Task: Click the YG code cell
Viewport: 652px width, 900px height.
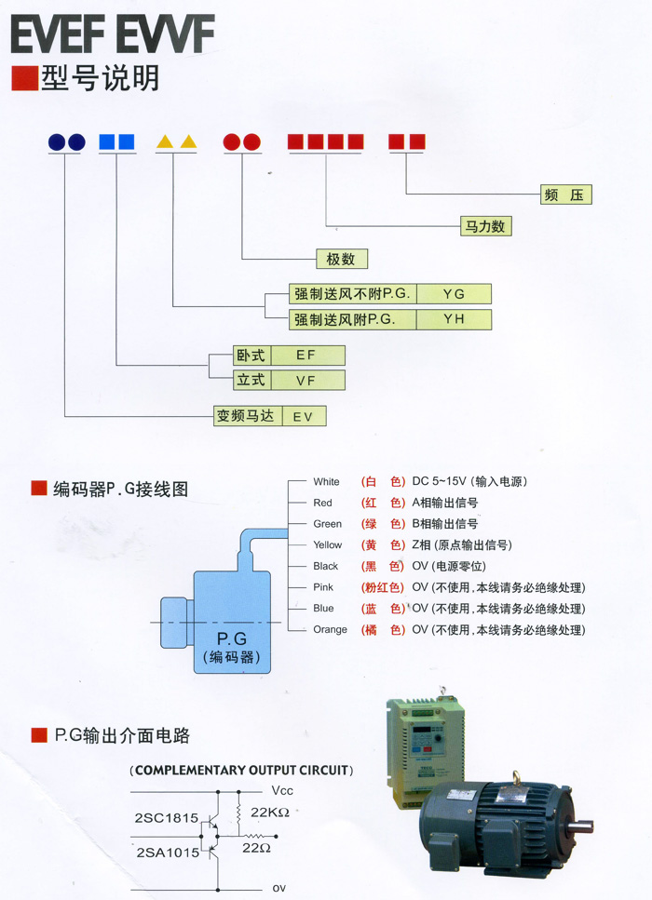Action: [454, 294]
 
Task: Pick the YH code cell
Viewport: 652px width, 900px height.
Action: [454, 320]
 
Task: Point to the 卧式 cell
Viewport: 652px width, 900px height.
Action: [251, 355]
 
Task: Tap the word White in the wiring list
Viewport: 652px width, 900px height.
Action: [326, 482]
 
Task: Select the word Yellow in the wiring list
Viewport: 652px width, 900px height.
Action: [327, 545]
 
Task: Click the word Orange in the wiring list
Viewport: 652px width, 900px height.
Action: [330, 630]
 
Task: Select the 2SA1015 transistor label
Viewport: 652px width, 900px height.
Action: [167, 852]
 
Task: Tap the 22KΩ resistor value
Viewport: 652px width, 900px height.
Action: [271, 812]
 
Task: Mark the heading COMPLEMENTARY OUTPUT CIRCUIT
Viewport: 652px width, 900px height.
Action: [241, 771]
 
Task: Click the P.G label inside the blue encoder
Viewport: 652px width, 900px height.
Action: [230, 639]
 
